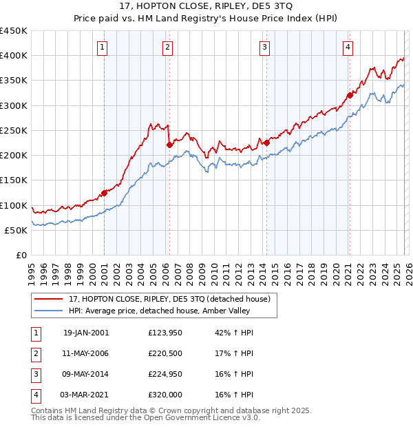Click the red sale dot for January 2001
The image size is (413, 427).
105,193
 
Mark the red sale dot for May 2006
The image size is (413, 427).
169,145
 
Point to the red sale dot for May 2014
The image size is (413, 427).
266,143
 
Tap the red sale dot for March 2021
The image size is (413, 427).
350,95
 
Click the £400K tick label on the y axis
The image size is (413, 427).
14,56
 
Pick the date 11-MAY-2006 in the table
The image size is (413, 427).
86,353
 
